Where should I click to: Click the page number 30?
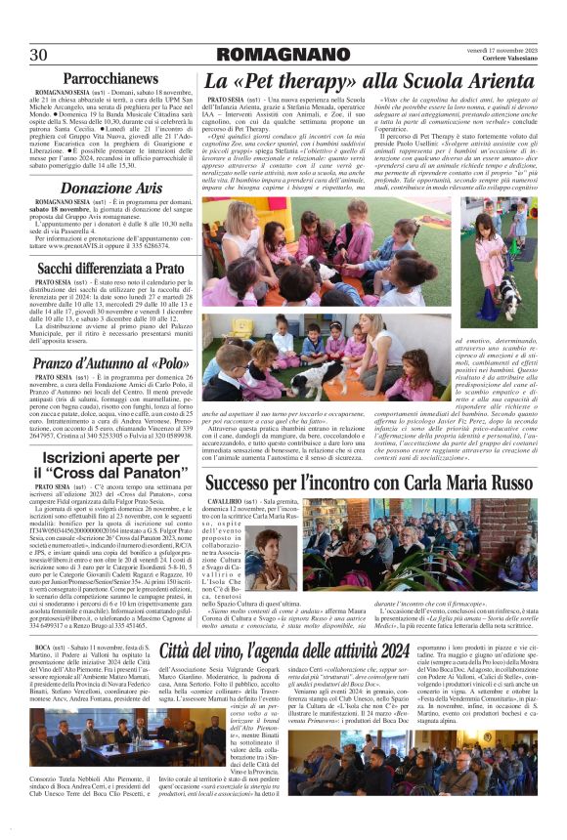[x=39, y=53]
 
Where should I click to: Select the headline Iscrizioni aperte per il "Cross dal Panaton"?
[x=106, y=463]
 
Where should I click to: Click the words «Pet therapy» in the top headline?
[x=291, y=81]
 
